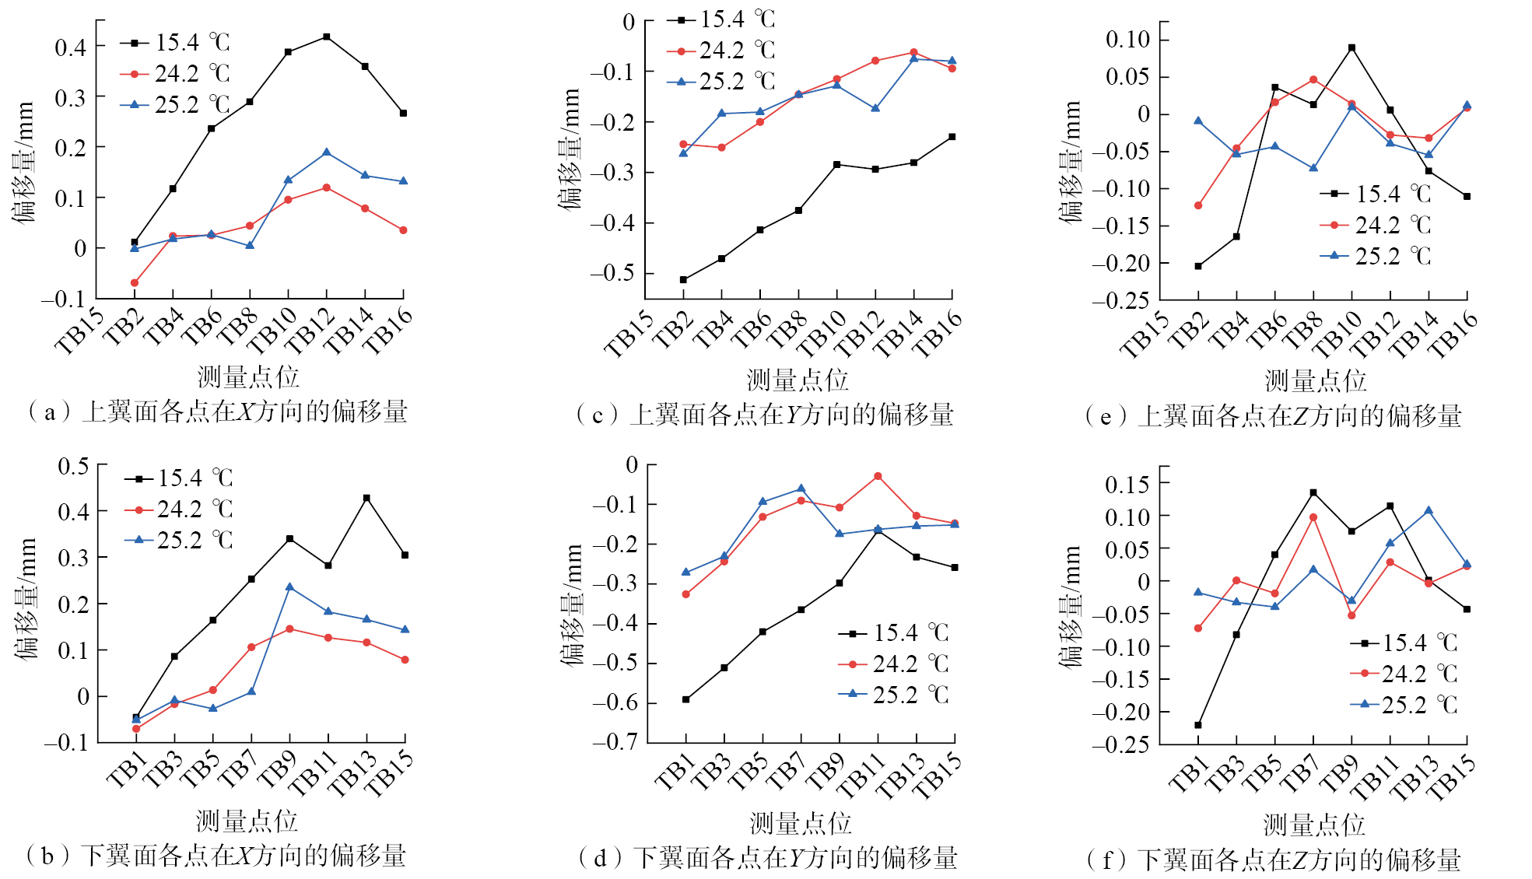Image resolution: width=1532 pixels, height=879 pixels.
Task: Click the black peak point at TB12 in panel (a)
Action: pos(327,37)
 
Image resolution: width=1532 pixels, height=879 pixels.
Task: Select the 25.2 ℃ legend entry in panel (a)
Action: pos(176,105)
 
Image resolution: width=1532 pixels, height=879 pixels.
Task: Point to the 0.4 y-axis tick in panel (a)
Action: pos(71,47)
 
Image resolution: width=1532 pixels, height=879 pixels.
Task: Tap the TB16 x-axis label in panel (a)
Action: pos(387,331)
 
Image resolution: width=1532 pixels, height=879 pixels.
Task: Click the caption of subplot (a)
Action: pos(217,411)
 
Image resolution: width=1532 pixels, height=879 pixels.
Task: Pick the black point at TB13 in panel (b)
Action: pos(366,498)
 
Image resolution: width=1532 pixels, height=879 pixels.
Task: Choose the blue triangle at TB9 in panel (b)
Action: pos(289,587)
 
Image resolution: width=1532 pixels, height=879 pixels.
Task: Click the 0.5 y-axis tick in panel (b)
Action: pos(74,467)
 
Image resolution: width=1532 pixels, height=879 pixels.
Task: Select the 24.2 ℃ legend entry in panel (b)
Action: pos(179,510)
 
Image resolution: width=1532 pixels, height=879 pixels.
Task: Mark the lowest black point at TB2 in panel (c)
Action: pos(683,280)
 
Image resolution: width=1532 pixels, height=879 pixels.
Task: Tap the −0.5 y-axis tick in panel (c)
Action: pos(612,274)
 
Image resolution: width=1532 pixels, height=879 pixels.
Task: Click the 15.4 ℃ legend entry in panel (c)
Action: pos(721,19)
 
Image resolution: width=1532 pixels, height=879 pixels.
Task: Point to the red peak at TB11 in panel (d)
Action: pos(878,476)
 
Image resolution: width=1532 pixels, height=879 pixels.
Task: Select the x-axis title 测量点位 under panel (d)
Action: pos(800,823)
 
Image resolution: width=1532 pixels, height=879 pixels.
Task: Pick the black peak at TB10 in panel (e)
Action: pos(1351,47)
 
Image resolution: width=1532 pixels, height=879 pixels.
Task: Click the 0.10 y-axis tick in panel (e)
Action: pos(1127,40)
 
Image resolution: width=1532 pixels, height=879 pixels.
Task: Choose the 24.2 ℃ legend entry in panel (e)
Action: pos(1376,226)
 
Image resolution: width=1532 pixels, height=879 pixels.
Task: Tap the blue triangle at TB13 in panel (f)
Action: pos(1429,511)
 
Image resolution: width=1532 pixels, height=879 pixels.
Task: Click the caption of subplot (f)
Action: pos(1274,860)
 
